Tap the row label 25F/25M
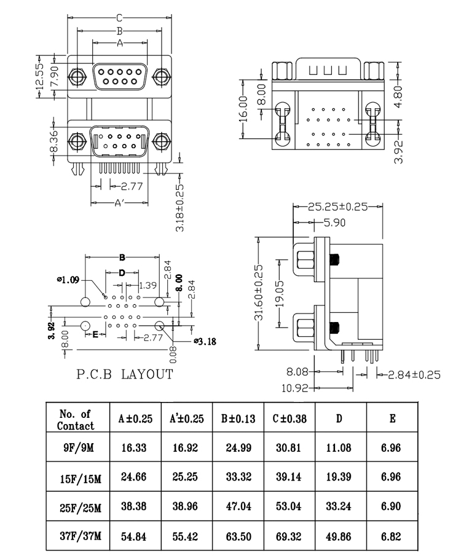(x=78, y=507)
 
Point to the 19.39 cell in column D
(x=339, y=477)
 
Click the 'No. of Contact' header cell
(x=78, y=419)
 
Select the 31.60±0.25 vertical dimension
(x=259, y=292)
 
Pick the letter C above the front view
(x=120, y=18)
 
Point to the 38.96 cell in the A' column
(x=187, y=507)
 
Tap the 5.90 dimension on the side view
(x=336, y=222)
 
